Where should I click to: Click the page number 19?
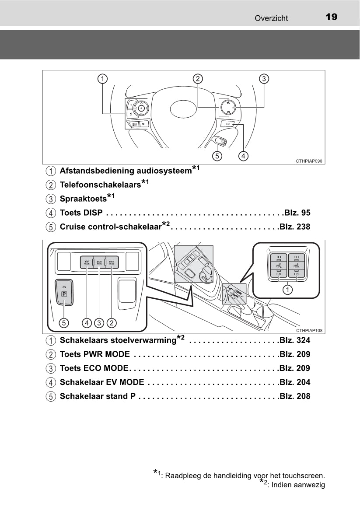click(331, 17)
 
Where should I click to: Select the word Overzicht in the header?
click(271, 18)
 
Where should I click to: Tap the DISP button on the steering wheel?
click(227, 124)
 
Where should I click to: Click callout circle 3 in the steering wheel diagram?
click(264, 79)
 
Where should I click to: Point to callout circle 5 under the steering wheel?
click(217, 155)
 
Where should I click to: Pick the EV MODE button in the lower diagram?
click(87, 262)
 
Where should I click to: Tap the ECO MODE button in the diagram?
click(99, 262)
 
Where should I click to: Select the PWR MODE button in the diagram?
click(112, 262)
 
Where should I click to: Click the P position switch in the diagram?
click(64, 294)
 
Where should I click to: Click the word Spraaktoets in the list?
click(83, 199)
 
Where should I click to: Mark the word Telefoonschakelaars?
click(100, 185)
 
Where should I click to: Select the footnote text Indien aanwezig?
click(298, 485)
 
